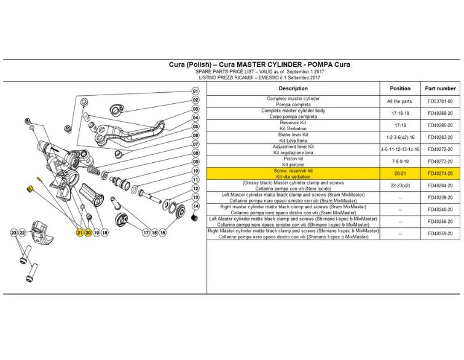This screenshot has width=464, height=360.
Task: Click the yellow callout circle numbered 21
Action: tap(79, 233)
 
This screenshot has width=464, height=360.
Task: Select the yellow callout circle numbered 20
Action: tap(88, 233)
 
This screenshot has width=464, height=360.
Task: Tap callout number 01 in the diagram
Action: tap(195, 92)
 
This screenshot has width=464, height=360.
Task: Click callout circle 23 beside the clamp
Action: tap(14, 233)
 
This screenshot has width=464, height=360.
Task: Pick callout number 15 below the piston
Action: tap(163, 233)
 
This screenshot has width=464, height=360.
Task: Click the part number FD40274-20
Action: tap(439, 174)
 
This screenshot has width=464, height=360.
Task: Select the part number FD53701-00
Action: tap(439, 101)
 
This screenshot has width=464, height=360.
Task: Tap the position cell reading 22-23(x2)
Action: tap(400, 186)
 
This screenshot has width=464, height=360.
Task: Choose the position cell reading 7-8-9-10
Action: tap(400, 162)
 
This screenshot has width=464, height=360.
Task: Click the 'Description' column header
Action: tap(293, 88)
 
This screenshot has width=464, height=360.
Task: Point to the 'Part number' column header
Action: tap(439, 88)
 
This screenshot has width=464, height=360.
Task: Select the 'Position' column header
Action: tap(400, 88)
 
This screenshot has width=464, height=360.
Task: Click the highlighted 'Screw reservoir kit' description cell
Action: tap(293, 174)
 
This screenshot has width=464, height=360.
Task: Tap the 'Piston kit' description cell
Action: tap(293, 162)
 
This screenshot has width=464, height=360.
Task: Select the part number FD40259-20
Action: tap(439, 233)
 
